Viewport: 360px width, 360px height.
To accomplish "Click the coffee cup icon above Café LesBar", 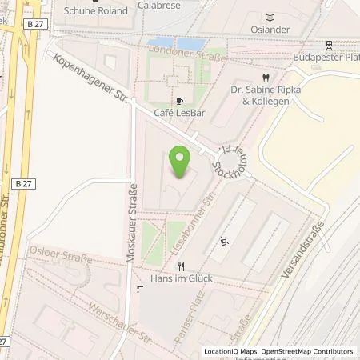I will (x=179, y=101).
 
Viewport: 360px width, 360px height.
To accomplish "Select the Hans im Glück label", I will (x=179, y=280).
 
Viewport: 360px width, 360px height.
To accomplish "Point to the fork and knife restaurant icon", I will (x=182, y=266).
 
